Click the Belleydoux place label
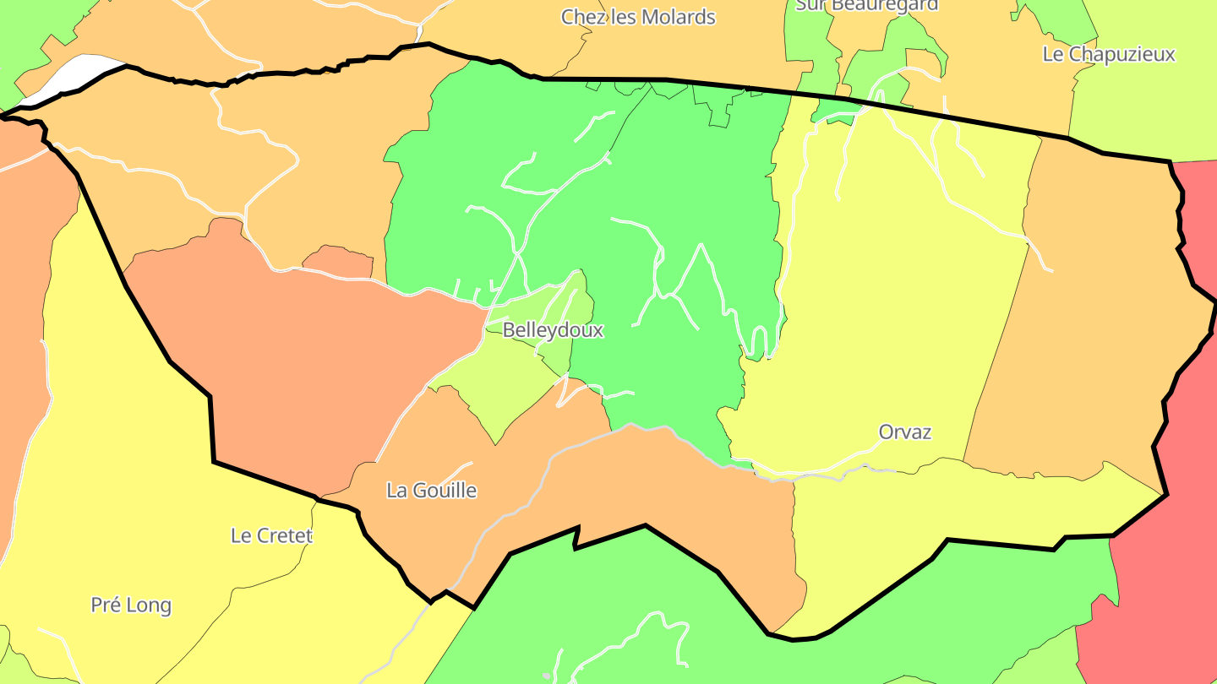point(553,330)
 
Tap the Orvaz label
point(905,432)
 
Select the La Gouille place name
point(431,491)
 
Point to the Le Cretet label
point(271,535)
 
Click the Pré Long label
point(131,605)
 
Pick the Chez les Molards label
point(638,17)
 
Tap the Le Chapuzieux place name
point(1109,54)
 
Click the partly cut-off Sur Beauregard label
point(867,5)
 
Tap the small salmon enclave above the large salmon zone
point(338,262)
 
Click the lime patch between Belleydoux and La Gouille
point(507,388)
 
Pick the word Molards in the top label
point(678,17)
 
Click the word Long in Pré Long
point(153,605)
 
